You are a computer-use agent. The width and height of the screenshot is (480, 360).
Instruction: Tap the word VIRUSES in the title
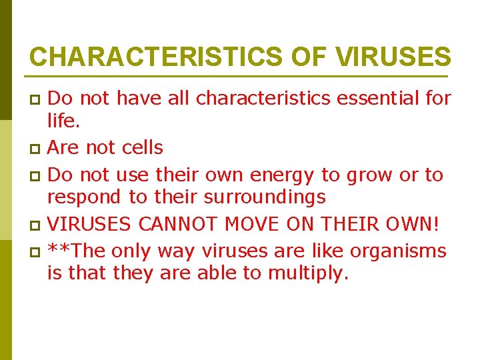pos(394,57)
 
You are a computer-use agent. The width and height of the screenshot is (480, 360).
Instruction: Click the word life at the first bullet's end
pos(62,121)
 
